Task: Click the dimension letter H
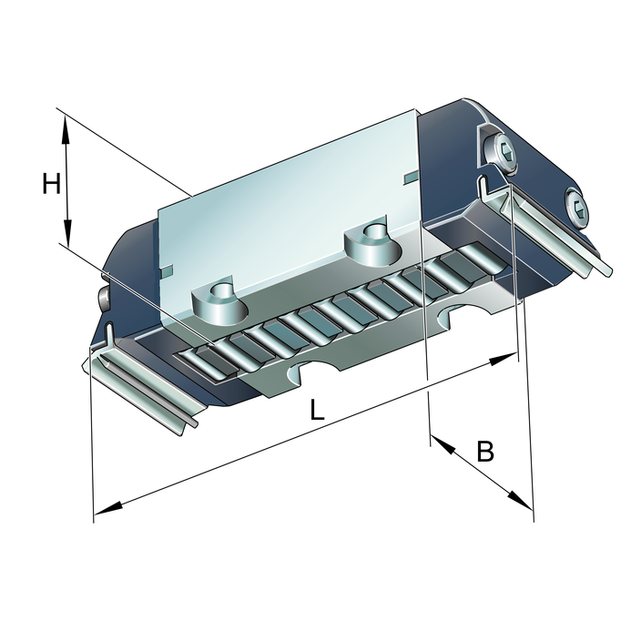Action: (52, 184)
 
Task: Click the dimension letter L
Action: (317, 409)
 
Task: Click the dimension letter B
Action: (485, 452)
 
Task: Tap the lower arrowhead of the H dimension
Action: (67, 233)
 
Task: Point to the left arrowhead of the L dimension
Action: (107, 508)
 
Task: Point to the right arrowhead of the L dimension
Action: (503, 359)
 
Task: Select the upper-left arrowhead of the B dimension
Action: (443, 444)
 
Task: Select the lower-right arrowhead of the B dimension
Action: (520, 500)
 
